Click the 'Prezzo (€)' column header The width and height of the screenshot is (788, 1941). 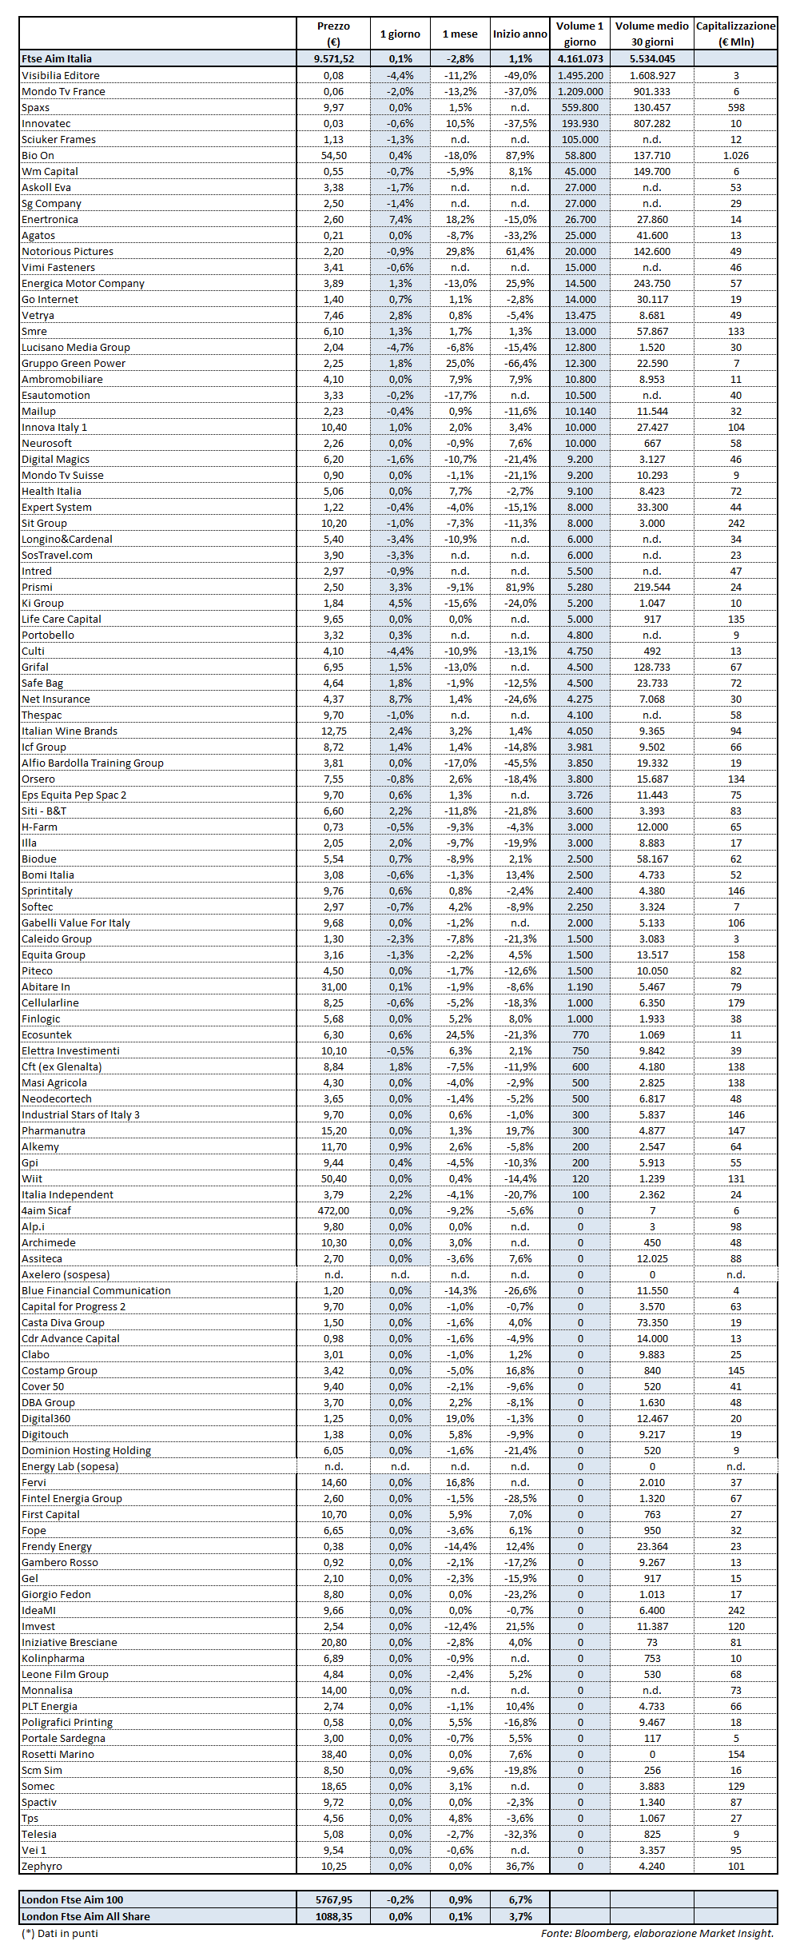tap(333, 34)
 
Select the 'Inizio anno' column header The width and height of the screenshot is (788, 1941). tap(519, 34)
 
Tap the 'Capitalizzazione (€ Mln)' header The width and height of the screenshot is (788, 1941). tap(735, 34)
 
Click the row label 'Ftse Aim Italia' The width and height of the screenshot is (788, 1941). tap(57, 58)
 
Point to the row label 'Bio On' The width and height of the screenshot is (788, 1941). tap(38, 155)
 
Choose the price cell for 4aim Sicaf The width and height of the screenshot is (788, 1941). tap(333, 1210)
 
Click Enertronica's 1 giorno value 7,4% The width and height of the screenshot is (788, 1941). tap(400, 219)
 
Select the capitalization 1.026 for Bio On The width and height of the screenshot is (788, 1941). tap(735, 155)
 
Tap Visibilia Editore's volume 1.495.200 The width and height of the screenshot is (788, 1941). tap(579, 75)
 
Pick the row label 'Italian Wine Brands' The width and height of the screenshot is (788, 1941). tap(70, 731)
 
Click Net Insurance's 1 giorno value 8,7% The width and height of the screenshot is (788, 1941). tap(400, 699)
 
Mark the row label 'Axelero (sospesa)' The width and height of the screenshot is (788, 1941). tap(66, 1274)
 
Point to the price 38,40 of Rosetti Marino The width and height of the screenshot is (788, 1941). tap(333, 1754)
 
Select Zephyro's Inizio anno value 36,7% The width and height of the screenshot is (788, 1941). tap(519, 1866)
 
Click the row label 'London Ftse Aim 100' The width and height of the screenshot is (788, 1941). tap(73, 1899)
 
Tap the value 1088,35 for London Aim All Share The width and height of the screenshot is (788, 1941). tap(333, 1916)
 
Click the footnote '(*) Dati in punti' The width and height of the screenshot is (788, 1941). tap(60, 1933)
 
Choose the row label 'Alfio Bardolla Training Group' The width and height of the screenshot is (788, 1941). tap(93, 763)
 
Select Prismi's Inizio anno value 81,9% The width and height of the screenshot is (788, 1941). tap(519, 587)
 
